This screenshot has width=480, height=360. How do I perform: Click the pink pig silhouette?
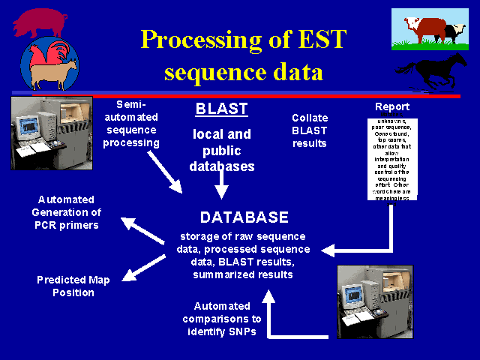(37, 22)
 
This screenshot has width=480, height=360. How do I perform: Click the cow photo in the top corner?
(428, 30)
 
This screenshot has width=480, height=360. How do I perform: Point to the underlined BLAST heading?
(221, 109)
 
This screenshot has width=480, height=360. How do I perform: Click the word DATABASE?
(244, 217)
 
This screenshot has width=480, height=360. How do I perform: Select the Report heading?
(392, 106)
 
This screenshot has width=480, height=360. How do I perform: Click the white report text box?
(392, 157)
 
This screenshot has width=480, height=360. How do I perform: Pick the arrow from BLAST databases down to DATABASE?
(221, 183)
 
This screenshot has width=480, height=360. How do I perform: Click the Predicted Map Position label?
(73, 286)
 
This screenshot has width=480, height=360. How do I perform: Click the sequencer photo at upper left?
(52, 132)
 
